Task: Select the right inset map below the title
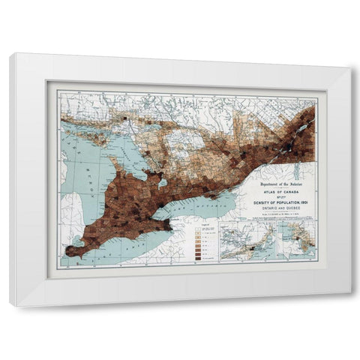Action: tap(294, 239)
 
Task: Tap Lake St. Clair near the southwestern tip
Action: tap(76, 241)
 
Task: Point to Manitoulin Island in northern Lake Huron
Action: tap(82, 139)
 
